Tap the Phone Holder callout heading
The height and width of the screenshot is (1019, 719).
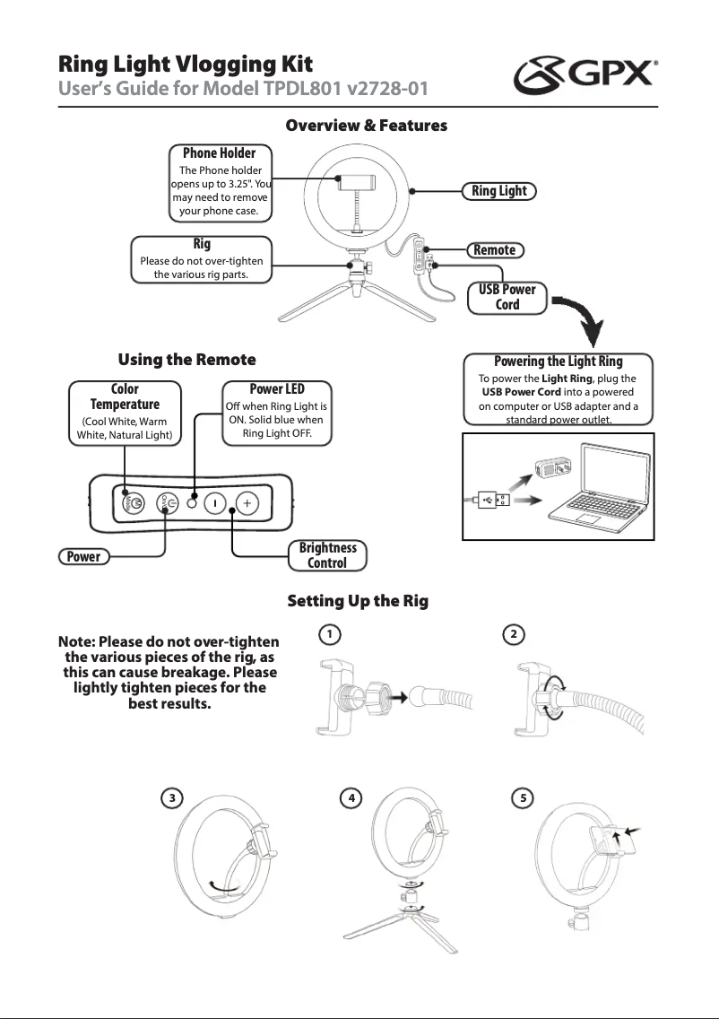(219, 152)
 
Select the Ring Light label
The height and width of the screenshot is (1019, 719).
(499, 191)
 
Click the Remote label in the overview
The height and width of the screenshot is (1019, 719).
(494, 250)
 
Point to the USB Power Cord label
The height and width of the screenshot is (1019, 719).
(507, 297)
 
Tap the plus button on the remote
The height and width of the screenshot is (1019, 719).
(248, 503)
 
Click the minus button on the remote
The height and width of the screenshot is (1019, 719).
(215, 503)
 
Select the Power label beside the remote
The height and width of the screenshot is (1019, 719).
(83, 556)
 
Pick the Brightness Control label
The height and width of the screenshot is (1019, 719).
(327, 555)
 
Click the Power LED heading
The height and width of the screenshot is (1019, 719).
(276, 388)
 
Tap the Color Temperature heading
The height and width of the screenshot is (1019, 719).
(125, 396)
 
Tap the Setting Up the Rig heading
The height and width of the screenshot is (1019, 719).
(357, 601)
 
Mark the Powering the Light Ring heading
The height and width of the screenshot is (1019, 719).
(558, 361)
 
